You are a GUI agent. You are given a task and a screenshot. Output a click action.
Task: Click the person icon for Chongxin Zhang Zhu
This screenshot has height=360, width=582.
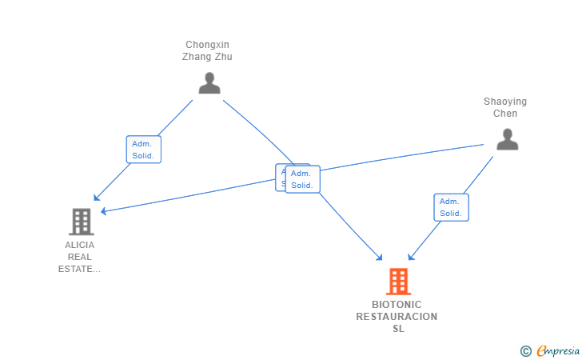click(209, 83)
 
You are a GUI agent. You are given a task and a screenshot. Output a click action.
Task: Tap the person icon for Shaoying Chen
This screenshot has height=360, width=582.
click(507, 139)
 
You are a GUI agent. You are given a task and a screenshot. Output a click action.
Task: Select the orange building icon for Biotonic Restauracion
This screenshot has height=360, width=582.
click(397, 282)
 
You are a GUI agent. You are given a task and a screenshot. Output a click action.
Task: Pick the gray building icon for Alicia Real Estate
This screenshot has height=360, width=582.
click(81, 221)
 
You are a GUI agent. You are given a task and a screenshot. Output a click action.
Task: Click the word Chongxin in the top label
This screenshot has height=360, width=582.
click(207, 45)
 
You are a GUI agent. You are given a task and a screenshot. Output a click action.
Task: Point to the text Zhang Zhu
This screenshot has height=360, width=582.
click(207, 57)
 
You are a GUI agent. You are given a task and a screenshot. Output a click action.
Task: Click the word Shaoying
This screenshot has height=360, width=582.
click(504, 102)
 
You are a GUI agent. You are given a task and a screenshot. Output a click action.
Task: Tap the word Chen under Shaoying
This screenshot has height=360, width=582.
click(504, 114)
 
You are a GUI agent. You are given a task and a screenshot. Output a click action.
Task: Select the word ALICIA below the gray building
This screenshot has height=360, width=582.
click(80, 245)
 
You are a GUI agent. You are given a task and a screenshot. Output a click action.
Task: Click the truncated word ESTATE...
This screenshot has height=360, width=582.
click(80, 269)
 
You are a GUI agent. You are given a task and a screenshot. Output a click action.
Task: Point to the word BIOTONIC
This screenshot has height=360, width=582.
click(397, 305)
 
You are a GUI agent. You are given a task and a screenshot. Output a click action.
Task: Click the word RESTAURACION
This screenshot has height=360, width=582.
click(397, 317)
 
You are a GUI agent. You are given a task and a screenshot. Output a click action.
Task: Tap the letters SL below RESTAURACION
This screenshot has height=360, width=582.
click(397, 329)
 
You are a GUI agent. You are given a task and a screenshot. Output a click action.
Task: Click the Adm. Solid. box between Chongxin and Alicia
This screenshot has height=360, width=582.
click(143, 150)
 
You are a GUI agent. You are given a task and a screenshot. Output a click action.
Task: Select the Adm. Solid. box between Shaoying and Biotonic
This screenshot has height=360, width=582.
click(451, 207)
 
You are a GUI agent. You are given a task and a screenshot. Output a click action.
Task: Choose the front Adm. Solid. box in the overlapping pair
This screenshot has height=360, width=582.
click(302, 179)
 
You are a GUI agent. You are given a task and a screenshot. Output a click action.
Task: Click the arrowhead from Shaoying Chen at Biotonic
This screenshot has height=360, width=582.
click(410, 257)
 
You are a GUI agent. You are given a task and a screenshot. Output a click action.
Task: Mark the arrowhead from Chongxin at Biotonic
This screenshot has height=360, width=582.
click(381, 258)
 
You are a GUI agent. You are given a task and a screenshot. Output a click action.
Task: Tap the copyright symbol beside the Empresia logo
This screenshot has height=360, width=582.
click(525, 350)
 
